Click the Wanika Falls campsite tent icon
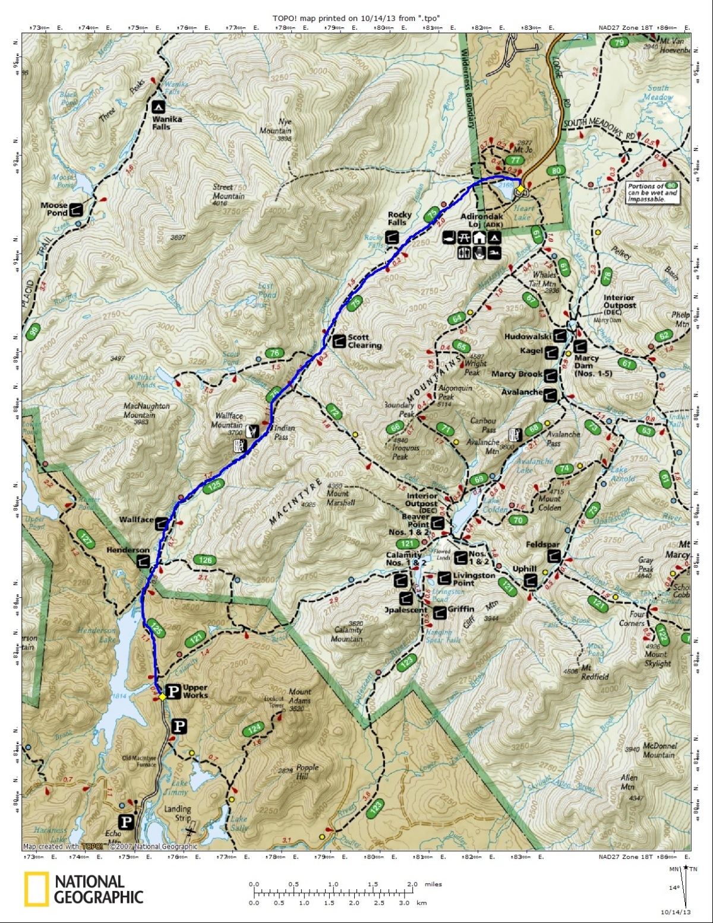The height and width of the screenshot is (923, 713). (x=158, y=107)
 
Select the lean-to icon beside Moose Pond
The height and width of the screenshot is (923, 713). (x=75, y=209)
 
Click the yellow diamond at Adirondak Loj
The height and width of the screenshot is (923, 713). (x=520, y=189)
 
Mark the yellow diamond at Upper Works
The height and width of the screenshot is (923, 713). (x=162, y=697)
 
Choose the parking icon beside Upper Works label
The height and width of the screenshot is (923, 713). (x=173, y=691)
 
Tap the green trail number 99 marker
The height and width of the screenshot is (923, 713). (x=33, y=332)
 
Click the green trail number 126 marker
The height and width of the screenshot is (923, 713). (x=205, y=560)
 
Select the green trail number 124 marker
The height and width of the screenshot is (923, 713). (x=254, y=729)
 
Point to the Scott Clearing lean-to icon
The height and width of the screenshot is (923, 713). (x=339, y=341)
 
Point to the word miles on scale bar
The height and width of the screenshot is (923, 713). (x=433, y=884)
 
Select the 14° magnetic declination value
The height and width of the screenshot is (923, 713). (x=674, y=888)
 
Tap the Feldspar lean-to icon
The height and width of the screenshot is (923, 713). (x=553, y=556)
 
